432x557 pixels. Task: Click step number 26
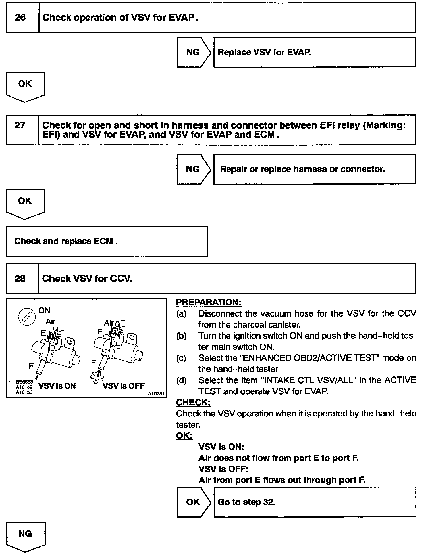pyautogui.click(x=20, y=18)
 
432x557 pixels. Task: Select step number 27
pyautogui.click(x=20, y=125)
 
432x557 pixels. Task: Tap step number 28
pyautogui.click(x=20, y=278)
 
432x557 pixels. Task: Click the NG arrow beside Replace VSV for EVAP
pyautogui.click(x=193, y=52)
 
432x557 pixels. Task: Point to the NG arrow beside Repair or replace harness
pyautogui.click(x=193, y=169)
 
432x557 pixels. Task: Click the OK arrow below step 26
pyautogui.click(x=25, y=85)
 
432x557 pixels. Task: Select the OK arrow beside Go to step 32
pyautogui.click(x=193, y=502)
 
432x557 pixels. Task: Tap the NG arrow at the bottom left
pyautogui.click(x=25, y=535)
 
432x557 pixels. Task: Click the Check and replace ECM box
pyautogui.click(x=106, y=241)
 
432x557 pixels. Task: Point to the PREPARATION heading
pyautogui.click(x=209, y=302)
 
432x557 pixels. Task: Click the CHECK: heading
pyautogui.click(x=193, y=403)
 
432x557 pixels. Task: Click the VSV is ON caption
pyautogui.click(x=57, y=386)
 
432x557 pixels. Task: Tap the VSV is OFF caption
pyautogui.click(x=123, y=386)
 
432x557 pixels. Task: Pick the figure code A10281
pyautogui.click(x=156, y=394)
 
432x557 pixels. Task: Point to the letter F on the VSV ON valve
pyautogui.click(x=31, y=366)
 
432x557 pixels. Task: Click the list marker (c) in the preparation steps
pyautogui.click(x=181, y=358)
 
